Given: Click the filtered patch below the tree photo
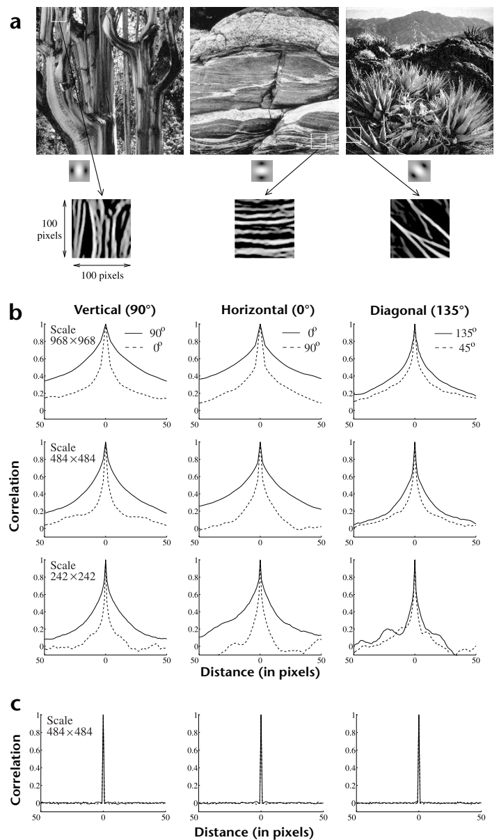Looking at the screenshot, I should tap(101, 228).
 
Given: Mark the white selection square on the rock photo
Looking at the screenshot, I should tap(319, 141).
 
